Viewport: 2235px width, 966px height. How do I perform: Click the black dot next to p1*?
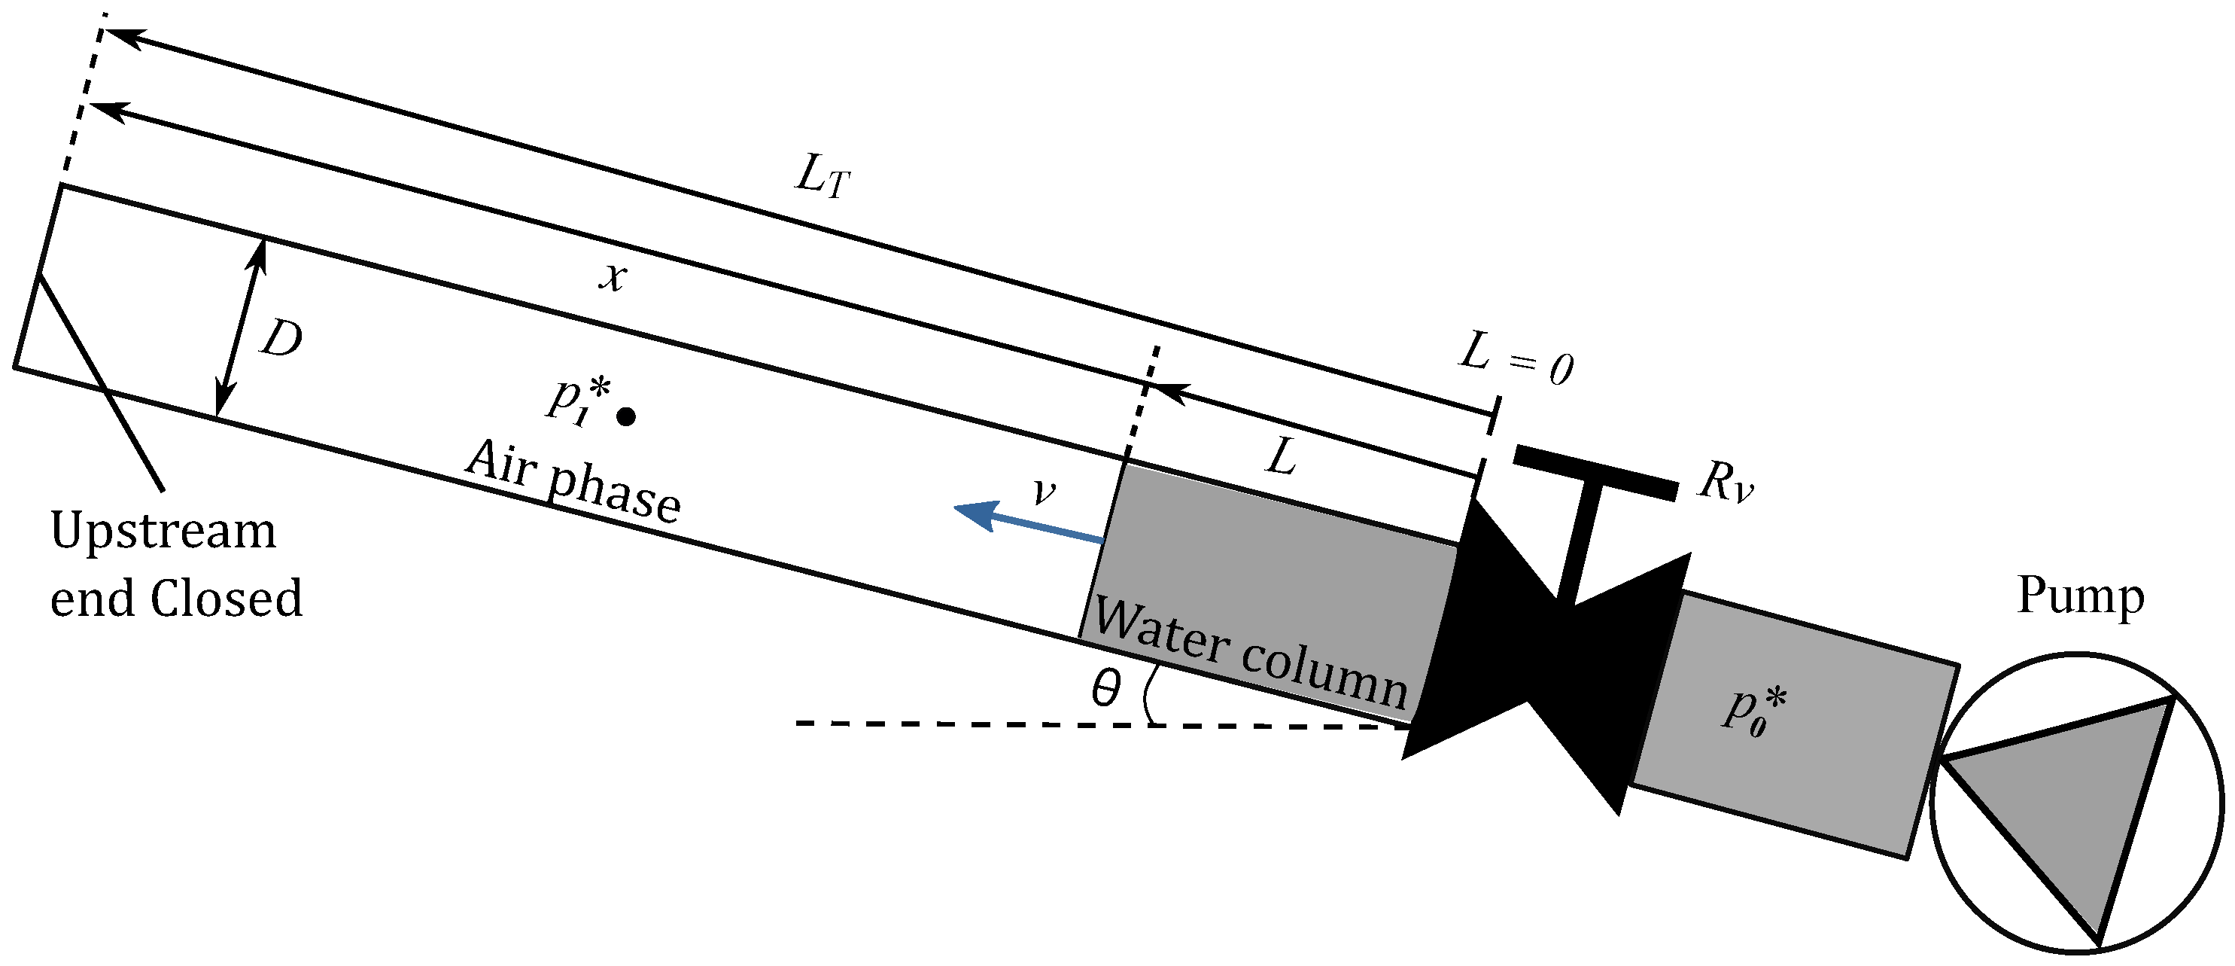tap(625, 417)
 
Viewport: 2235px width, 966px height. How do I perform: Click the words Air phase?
tap(573, 483)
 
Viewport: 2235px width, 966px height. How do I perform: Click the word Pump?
tap(2080, 596)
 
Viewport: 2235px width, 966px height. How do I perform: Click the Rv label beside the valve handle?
tap(1725, 483)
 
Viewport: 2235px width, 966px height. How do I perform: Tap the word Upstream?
tap(163, 531)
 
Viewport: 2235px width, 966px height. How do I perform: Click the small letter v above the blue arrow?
tap(1044, 494)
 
